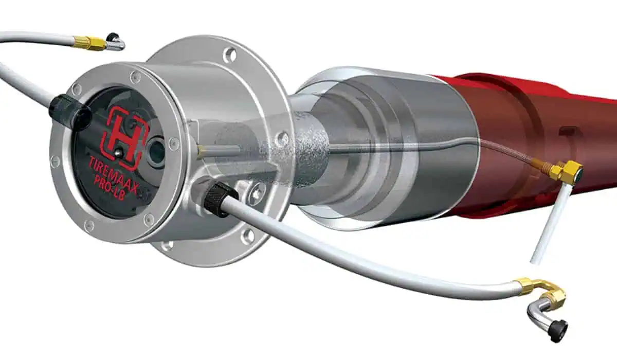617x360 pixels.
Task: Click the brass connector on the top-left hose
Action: pyautogui.click(x=90, y=42)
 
